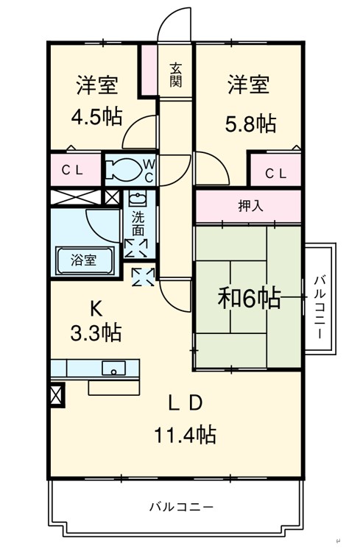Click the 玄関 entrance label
(x=176, y=75)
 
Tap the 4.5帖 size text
(x=96, y=117)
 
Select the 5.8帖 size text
(x=250, y=124)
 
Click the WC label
(x=149, y=171)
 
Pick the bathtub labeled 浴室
(x=85, y=260)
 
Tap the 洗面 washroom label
(x=138, y=224)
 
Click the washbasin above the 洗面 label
(x=138, y=199)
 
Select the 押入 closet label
(x=250, y=206)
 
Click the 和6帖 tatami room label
(x=250, y=298)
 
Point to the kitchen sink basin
(x=113, y=368)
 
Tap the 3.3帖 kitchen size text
(x=96, y=333)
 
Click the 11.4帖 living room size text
(x=185, y=434)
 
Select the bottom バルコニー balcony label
(x=181, y=507)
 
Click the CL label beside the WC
(x=72, y=171)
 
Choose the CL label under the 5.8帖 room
(x=276, y=173)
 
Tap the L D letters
(x=186, y=403)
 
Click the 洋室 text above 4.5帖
(x=97, y=85)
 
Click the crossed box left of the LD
(x=58, y=394)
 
